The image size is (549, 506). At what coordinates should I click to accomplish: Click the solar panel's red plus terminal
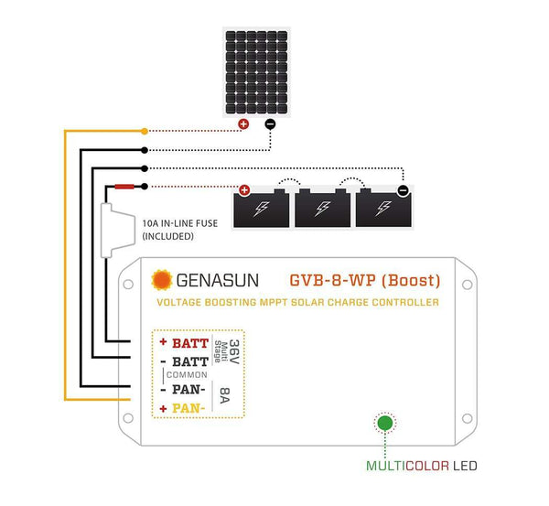[243, 124]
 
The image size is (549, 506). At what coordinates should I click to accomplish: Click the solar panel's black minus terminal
[270, 124]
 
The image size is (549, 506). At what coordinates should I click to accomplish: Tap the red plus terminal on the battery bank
[244, 190]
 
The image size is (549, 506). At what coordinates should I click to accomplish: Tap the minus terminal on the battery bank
[403, 190]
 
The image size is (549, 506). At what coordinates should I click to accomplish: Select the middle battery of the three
[322, 208]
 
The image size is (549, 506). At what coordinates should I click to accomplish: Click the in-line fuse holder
[118, 231]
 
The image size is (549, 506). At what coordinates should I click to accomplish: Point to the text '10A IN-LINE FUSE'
[180, 223]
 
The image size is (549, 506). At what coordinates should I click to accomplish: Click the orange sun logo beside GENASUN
[162, 280]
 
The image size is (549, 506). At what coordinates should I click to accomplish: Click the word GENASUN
[218, 281]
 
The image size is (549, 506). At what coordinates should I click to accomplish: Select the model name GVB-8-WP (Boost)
[365, 281]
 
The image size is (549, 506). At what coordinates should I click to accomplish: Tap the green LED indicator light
[385, 423]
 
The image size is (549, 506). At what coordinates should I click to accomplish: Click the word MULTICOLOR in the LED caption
[407, 466]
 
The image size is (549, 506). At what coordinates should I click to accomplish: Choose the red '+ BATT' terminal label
[184, 343]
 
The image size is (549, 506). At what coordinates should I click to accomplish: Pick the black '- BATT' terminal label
[185, 361]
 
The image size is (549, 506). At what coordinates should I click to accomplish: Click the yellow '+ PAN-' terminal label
[182, 408]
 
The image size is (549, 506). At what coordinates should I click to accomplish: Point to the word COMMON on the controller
[187, 375]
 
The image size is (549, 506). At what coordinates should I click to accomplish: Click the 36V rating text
[234, 351]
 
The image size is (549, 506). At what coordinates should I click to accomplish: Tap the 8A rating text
[224, 395]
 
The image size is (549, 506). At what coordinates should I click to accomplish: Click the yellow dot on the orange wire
[145, 132]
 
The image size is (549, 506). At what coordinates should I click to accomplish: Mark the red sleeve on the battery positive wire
[124, 187]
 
